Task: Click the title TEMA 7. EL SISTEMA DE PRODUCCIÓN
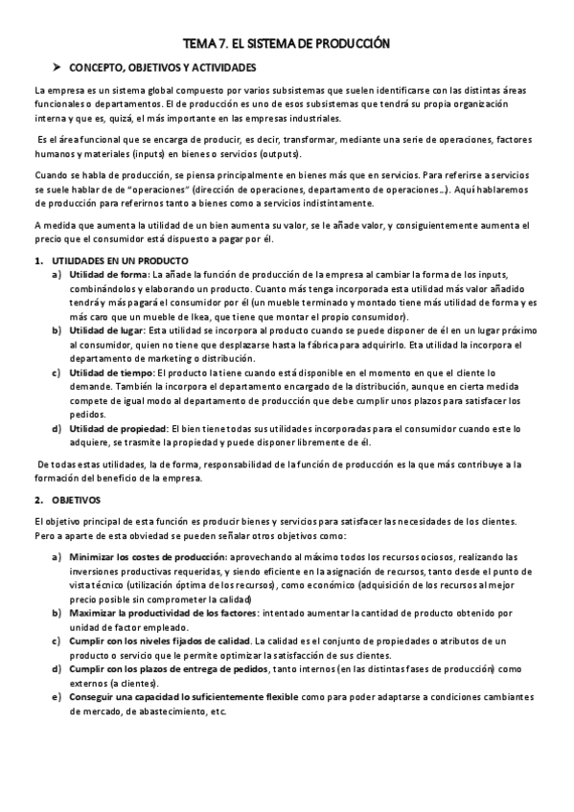coord(287,43)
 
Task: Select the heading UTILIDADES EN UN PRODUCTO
coord(120,260)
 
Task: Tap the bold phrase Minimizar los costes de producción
coord(148,556)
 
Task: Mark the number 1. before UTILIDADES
coord(38,260)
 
